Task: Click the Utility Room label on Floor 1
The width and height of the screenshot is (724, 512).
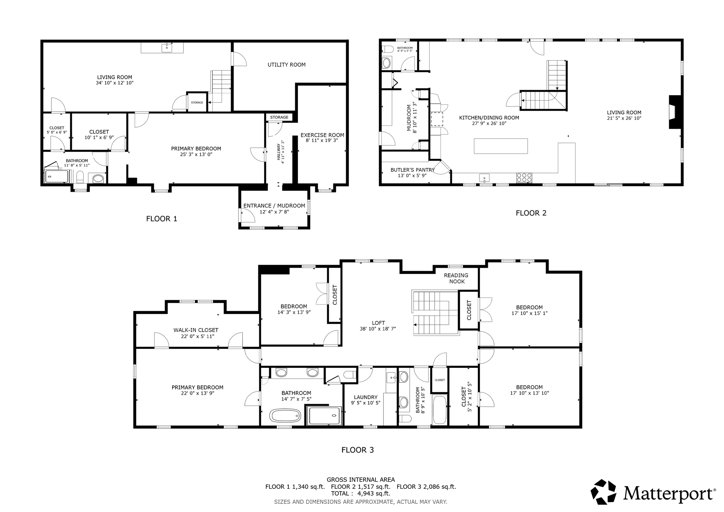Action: tap(286, 65)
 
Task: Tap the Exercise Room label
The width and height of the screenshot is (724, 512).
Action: tap(322, 135)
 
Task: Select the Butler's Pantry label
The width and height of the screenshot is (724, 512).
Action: tap(412, 170)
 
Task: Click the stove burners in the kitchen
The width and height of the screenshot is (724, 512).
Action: tap(524, 178)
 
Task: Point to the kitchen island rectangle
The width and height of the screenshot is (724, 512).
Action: tap(501, 146)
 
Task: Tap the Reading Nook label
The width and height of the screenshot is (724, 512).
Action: tap(456, 278)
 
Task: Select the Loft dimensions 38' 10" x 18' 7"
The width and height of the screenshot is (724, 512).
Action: tap(378, 329)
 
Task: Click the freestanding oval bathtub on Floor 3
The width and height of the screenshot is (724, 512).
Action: tap(285, 415)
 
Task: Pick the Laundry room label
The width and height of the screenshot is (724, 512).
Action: tap(366, 397)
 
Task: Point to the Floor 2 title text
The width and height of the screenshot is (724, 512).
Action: tap(531, 213)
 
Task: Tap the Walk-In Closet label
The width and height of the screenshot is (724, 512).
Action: tap(195, 330)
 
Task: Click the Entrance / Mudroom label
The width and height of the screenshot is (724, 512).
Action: tap(274, 206)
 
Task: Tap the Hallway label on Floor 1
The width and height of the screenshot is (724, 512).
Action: tap(279, 152)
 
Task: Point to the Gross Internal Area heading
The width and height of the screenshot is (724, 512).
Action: tap(361, 480)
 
